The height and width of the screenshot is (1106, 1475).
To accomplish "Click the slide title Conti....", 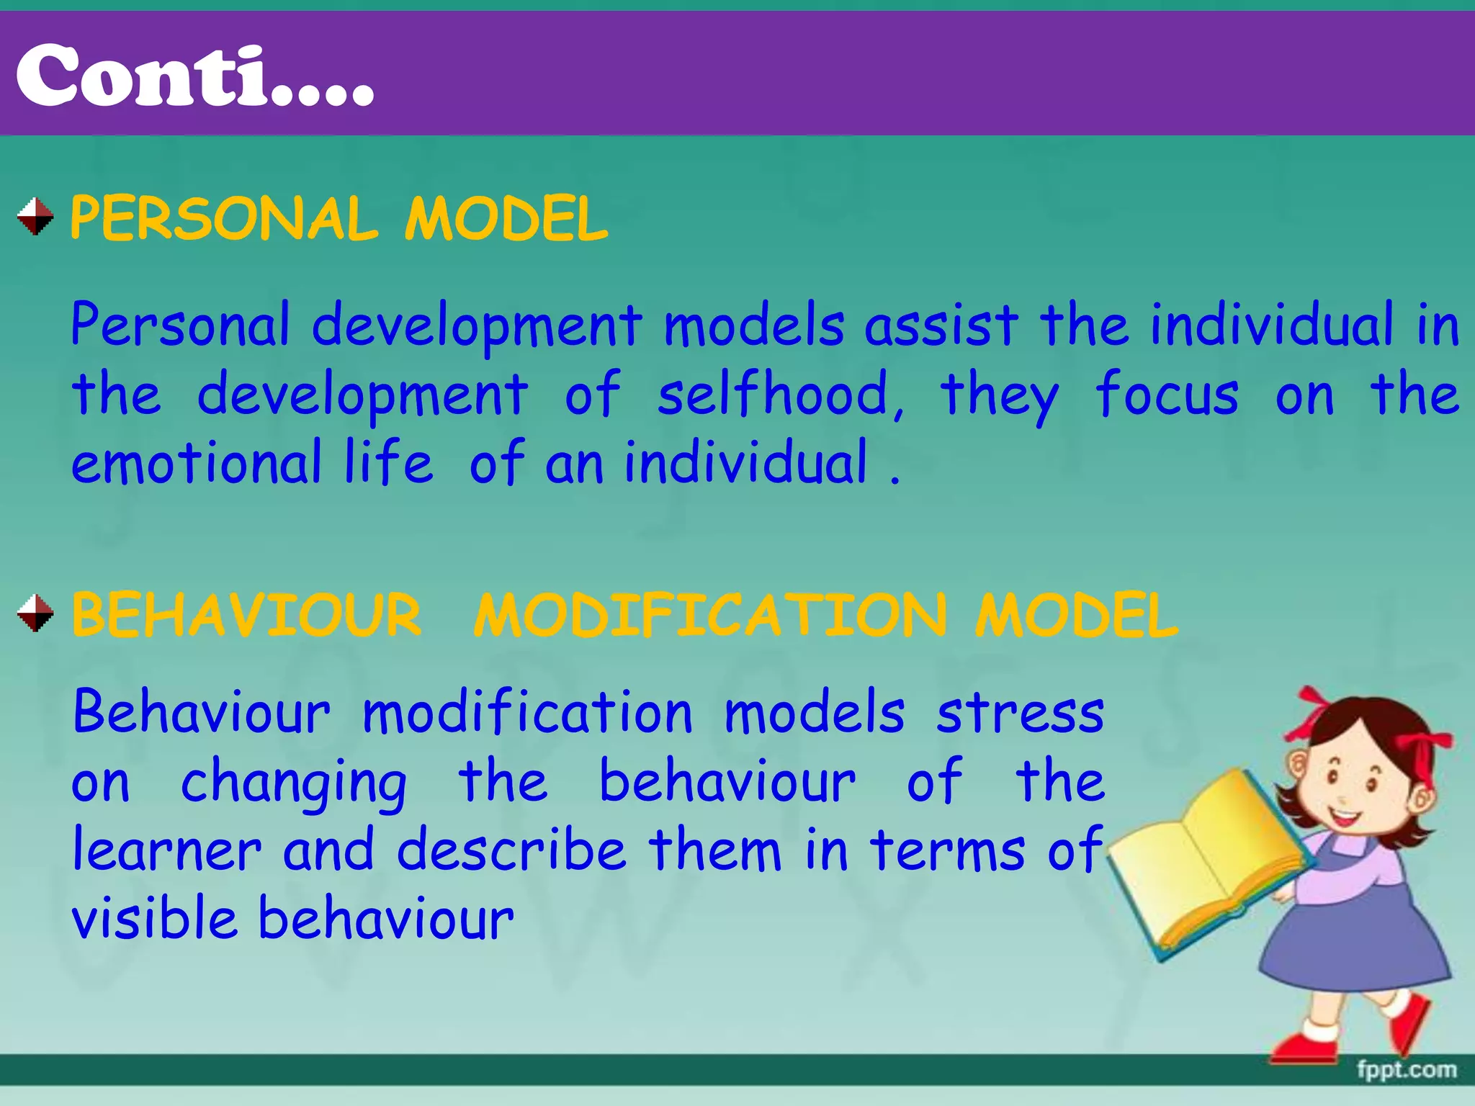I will [194, 76].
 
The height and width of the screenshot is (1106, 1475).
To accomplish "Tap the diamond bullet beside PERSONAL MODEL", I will [35, 217].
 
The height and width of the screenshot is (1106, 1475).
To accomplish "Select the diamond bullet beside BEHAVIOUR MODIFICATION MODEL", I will [35, 613].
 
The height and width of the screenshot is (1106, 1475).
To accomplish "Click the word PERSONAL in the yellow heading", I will [224, 219].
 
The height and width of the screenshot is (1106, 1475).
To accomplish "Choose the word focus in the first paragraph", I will [1167, 395].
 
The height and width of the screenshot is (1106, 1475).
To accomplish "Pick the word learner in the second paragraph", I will [167, 851].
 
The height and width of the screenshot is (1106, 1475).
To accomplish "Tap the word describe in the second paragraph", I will [511, 851].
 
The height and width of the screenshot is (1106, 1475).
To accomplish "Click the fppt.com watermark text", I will [1406, 1069].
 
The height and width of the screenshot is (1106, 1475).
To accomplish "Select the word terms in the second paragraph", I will [947, 851].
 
